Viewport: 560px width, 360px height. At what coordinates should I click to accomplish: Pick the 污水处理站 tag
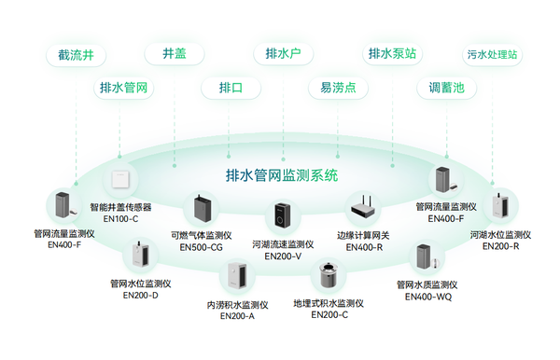[493, 54]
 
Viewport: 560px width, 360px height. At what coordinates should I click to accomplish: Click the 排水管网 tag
[125, 89]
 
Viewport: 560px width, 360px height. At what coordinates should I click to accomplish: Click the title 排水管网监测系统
[282, 174]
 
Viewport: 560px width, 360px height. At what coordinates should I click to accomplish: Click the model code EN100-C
[120, 219]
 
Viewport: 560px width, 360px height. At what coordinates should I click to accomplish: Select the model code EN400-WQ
[427, 297]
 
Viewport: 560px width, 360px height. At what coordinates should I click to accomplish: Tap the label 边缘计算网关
[365, 236]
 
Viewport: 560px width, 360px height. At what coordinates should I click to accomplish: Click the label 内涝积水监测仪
[237, 304]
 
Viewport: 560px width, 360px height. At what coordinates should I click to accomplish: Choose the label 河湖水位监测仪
[500, 235]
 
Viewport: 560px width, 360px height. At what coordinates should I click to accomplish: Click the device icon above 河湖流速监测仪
[278, 217]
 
